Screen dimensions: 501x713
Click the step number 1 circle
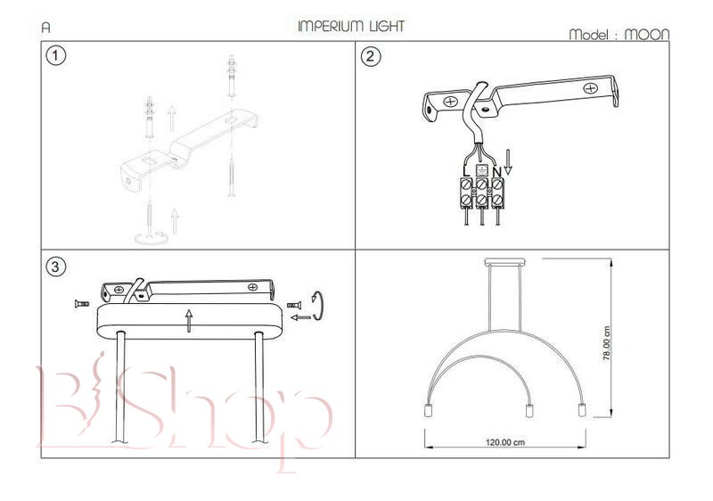56,56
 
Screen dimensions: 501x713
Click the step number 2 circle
371,56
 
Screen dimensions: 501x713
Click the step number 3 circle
56,266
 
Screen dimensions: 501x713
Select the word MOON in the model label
646,36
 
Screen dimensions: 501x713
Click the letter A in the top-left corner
45,27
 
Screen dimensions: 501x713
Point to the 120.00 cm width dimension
504,442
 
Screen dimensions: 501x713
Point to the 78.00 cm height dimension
606,343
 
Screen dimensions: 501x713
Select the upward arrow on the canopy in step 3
189,319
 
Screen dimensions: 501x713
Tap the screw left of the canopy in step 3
78,305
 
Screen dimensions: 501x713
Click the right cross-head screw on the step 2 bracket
591,87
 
